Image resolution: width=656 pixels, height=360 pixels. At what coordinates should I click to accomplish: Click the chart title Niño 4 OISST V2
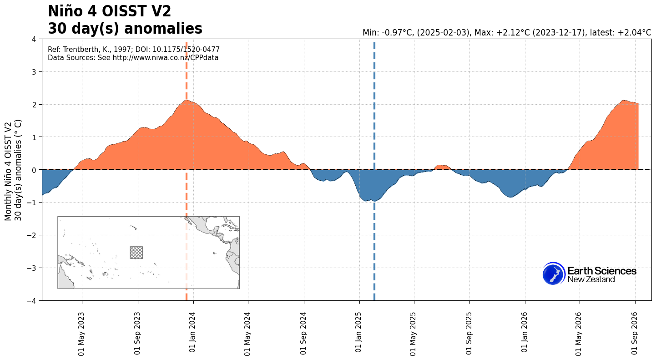coord(110,12)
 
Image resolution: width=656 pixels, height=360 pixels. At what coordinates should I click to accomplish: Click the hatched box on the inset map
coord(136,253)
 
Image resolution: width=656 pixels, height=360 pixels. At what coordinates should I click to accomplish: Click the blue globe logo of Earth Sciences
coord(554,274)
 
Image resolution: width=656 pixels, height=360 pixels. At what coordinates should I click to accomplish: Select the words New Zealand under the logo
coord(591,279)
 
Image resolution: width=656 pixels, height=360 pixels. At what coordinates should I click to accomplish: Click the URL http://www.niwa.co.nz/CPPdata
coord(166,58)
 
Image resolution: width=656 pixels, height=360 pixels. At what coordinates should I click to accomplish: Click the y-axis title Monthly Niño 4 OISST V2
coord(8,172)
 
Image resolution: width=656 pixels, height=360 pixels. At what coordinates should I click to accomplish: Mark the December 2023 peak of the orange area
coord(186,100)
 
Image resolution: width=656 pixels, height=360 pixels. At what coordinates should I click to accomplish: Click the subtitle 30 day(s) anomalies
coord(125,29)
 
